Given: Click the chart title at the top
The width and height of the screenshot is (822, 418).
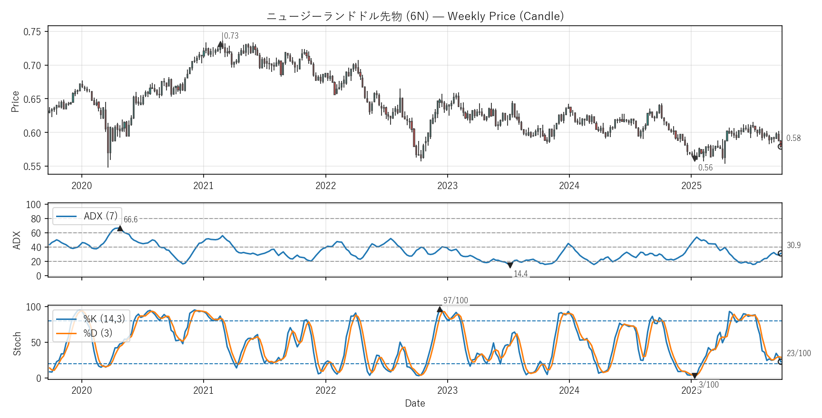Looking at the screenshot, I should click(x=415, y=16).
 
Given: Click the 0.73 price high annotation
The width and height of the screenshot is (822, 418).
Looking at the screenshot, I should click(x=231, y=36).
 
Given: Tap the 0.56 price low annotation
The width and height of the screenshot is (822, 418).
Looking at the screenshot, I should click(x=705, y=168).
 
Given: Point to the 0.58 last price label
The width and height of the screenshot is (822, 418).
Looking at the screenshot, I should click(x=793, y=138).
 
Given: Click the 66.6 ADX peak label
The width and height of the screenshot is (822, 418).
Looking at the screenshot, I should click(x=130, y=219).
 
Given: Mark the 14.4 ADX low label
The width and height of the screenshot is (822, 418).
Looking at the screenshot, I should click(x=520, y=274).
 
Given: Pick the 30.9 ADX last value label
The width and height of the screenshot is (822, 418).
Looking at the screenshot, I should click(x=793, y=245).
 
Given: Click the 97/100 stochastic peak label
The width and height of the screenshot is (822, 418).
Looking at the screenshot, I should click(x=455, y=300).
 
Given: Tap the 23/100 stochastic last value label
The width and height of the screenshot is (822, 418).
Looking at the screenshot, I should click(x=799, y=353).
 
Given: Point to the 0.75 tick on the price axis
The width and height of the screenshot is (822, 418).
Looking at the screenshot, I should click(x=32, y=32).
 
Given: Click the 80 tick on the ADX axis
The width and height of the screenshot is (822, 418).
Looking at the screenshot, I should click(x=36, y=219).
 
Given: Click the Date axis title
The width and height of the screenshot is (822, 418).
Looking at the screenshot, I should click(x=415, y=403).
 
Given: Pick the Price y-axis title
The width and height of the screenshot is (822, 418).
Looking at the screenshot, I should click(x=15, y=101).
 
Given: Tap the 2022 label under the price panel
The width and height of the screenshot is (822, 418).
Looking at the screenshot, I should click(x=325, y=186).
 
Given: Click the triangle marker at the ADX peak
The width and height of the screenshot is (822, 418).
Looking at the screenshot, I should click(x=120, y=229).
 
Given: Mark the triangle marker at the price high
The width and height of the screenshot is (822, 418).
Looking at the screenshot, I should click(x=221, y=44).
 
